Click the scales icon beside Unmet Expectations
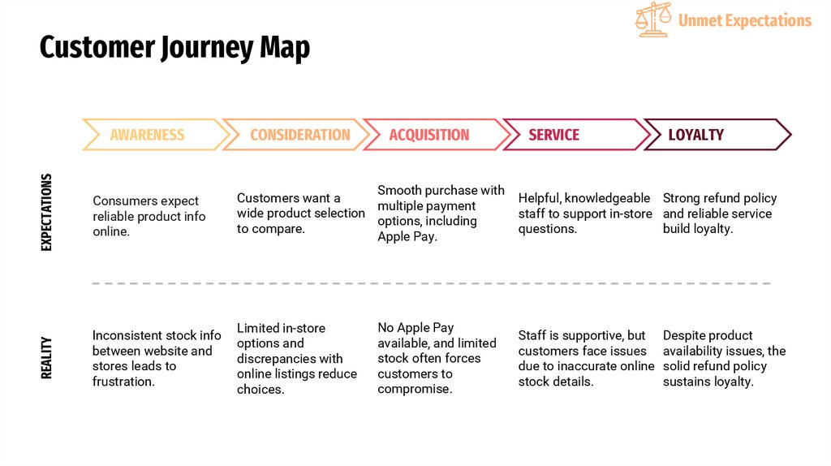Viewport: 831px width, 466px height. coord(653,19)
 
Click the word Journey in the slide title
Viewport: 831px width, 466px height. coord(205,47)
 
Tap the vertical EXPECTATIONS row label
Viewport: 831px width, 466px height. coord(46,212)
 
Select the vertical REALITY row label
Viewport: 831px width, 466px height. coord(46,358)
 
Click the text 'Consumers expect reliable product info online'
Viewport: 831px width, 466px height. coord(149,216)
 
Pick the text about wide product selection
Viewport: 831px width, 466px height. coord(300,214)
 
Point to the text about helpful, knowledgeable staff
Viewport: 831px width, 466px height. coord(584,214)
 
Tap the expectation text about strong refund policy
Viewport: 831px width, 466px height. coord(719,214)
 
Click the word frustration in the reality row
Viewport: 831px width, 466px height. coord(123,382)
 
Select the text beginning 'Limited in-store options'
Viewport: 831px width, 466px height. coord(297,359)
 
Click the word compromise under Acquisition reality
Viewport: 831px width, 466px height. coord(415,390)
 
